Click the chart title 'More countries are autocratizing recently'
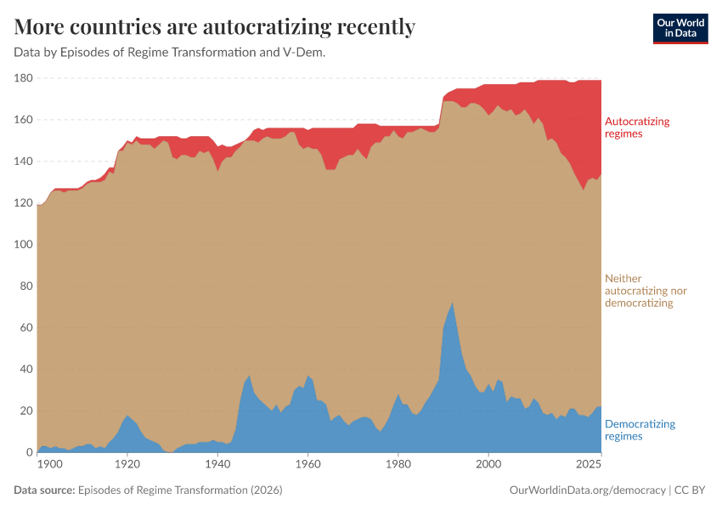pyautogui.click(x=214, y=27)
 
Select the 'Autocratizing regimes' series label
pyautogui.click(x=636, y=127)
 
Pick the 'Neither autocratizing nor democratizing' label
pyautogui.click(x=645, y=291)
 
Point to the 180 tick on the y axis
pyautogui.click(x=23, y=78)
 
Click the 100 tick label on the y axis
pyautogui.click(x=23, y=245)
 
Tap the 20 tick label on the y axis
pyautogui.click(x=26, y=411)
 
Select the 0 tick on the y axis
pyautogui.click(x=29, y=452)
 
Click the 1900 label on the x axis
pyautogui.click(x=50, y=465)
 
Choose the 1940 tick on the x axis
pyautogui.click(x=217, y=465)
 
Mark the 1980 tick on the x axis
pyautogui.click(x=398, y=465)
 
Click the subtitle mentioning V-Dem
pyautogui.click(x=170, y=52)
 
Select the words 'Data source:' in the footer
pyautogui.click(x=44, y=490)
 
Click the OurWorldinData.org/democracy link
pyautogui.click(x=587, y=490)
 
